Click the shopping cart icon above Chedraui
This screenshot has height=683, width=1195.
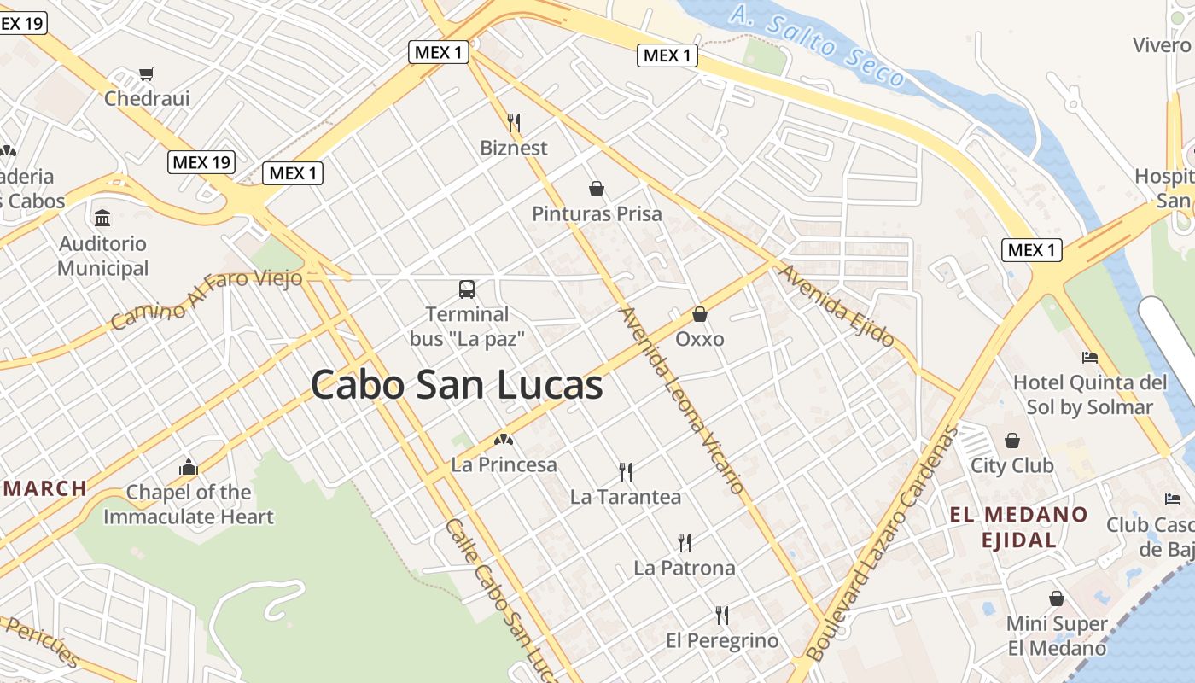coord(147,74)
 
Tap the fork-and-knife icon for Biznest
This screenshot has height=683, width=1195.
coord(514,123)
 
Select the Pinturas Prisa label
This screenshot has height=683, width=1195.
coord(597,213)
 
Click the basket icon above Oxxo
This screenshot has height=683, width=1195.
coord(700,314)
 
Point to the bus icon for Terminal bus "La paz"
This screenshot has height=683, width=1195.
coord(467,289)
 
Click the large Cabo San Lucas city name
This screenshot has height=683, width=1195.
coord(457,384)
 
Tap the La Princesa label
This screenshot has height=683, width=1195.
coord(504,465)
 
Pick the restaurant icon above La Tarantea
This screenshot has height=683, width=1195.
coord(626,472)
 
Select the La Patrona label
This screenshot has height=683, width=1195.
coord(684,568)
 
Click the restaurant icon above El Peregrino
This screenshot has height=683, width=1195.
coord(722,616)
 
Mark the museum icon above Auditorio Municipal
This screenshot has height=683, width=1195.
coord(102,218)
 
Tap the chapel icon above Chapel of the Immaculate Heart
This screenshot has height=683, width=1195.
coord(189,467)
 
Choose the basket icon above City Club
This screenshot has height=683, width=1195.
coord(1011,441)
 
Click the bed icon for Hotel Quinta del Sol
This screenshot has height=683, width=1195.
coord(1089,357)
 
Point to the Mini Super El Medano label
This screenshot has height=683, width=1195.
coord(1057,636)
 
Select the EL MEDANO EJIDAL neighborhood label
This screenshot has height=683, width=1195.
coord(1019,527)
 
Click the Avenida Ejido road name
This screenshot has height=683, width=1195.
coord(836,306)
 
